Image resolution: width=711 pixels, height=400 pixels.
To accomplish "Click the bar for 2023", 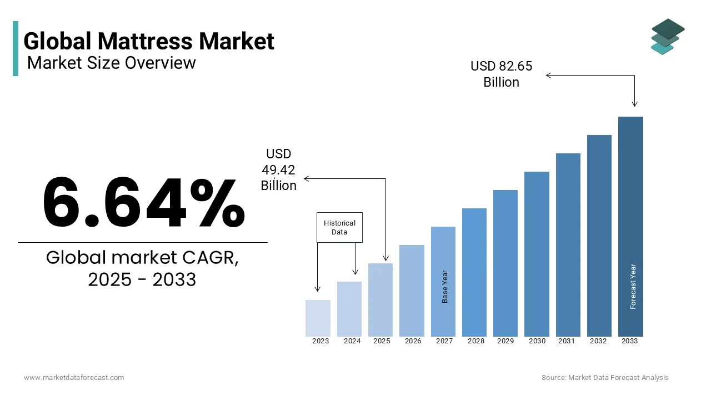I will (318, 318).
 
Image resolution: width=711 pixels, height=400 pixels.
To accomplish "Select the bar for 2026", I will (412, 291).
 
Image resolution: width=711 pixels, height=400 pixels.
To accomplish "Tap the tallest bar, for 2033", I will (630, 227).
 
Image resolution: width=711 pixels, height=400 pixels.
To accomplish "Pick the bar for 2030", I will (537, 254).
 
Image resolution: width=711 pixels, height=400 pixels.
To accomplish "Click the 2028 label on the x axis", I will (476, 341).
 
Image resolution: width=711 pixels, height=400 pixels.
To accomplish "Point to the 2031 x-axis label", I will (567, 341).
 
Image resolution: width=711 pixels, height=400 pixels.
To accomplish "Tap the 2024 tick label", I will (352, 341).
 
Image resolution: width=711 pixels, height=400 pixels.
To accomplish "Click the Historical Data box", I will (339, 227).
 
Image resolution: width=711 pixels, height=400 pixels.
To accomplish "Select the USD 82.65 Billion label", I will (501, 74).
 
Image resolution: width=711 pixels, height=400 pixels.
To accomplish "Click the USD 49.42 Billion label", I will (278, 169).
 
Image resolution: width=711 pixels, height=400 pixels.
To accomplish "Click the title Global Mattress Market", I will (149, 41).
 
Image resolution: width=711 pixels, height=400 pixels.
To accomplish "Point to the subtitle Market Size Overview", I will (112, 63).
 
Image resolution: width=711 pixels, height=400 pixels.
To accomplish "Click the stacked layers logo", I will (668, 37).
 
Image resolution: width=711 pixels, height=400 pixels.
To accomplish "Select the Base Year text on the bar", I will (445, 287).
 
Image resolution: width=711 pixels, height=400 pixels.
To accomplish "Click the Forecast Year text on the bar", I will (633, 286).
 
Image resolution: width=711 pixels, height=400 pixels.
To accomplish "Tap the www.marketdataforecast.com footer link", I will (74, 378).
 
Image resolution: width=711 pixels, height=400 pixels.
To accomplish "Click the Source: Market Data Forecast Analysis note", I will (605, 378).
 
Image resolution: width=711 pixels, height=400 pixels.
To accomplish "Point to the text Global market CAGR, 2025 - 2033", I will (142, 268).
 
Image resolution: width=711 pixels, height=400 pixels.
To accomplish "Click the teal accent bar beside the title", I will (16, 48).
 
